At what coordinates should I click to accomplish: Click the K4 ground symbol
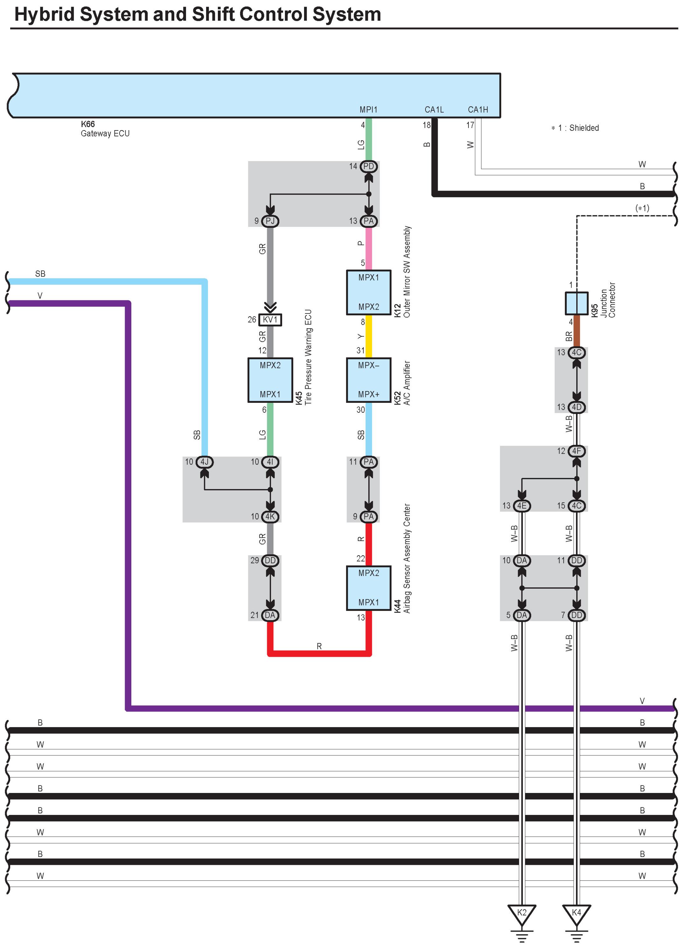point(576,914)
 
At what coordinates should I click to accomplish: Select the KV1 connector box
point(270,319)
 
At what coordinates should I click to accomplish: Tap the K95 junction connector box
point(576,303)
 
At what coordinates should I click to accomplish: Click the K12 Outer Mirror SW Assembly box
point(368,292)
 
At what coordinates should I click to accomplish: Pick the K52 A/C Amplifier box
point(368,380)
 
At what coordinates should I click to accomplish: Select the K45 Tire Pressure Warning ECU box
point(270,380)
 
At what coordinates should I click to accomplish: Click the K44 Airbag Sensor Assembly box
point(368,588)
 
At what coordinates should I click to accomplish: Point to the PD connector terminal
point(368,166)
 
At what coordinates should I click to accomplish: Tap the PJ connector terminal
point(270,221)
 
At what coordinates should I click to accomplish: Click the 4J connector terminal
point(204,462)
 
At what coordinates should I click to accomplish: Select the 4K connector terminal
point(270,516)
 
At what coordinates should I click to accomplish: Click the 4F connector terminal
point(576,451)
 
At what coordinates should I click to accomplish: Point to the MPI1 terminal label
point(368,110)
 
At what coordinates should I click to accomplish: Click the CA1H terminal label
point(478,110)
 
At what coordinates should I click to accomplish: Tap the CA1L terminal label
point(434,110)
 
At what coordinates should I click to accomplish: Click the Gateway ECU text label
point(105,133)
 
